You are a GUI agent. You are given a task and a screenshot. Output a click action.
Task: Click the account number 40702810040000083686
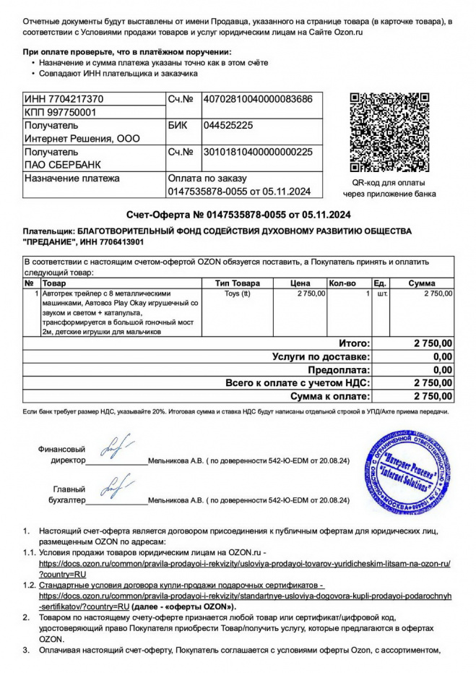258,98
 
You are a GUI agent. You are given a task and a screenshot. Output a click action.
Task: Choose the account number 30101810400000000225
258,153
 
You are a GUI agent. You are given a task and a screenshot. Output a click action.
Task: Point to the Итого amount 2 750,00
433,343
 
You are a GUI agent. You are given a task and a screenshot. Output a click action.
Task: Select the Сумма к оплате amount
433,396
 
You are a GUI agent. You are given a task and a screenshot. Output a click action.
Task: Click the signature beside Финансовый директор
114,450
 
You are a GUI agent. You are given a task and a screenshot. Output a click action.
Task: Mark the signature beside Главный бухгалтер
114,489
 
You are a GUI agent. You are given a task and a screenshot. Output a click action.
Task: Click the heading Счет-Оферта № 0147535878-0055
238,215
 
